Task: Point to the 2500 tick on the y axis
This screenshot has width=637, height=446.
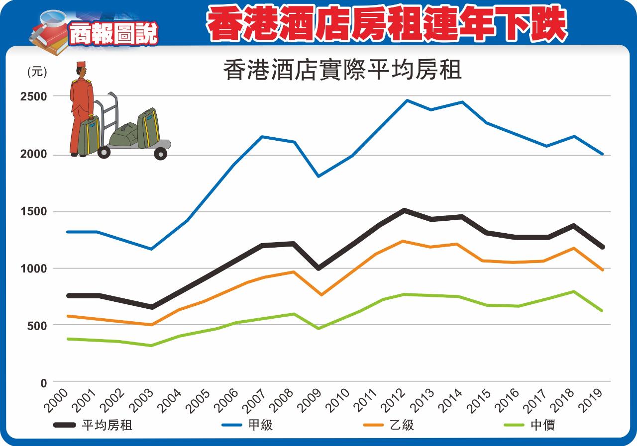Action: (33, 96)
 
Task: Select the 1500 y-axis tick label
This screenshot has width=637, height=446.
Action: (33, 212)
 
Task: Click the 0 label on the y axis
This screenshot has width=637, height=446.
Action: (43, 382)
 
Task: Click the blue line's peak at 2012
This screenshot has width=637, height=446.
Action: (407, 100)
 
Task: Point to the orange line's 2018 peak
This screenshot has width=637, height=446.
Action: (574, 248)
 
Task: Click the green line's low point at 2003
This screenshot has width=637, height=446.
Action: (151, 345)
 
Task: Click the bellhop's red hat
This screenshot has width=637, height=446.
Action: (81, 65)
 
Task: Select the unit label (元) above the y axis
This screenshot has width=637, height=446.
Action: (37, 72)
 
